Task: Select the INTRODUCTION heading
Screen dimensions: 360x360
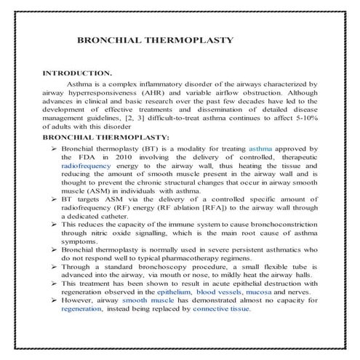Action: [77, 74]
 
